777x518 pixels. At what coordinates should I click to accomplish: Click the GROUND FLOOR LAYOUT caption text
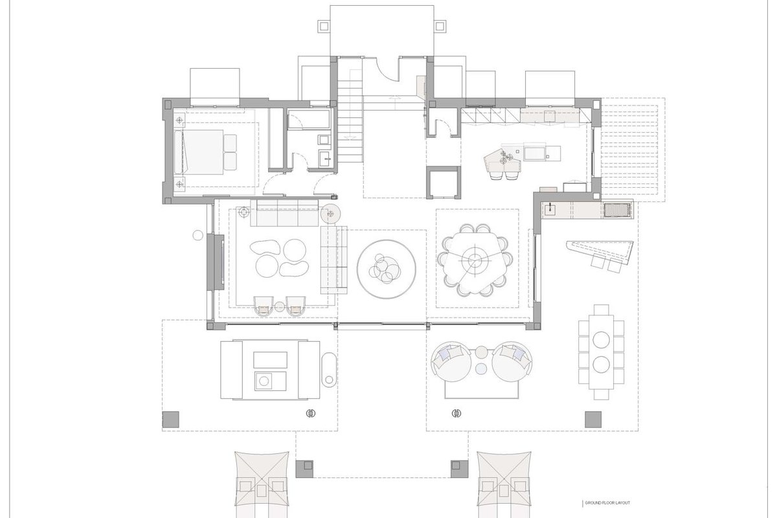pos(607,502)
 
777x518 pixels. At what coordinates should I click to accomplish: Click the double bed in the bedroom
pos(203,152)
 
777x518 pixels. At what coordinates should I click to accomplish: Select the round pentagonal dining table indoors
pos(474,258)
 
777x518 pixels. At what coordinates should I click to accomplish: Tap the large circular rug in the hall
pos(386,269)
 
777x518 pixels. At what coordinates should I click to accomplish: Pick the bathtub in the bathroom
pos(309,119)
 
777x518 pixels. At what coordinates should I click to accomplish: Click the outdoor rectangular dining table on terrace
pos(601,352)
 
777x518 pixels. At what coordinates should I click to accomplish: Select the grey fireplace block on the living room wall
pos(216,262)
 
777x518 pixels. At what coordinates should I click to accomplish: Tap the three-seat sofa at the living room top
pos(284,212)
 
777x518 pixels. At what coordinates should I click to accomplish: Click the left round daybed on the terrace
pos(451,361)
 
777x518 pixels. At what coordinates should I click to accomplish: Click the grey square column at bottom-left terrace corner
pos(171,420)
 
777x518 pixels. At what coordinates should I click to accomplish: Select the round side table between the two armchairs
pos(279,307)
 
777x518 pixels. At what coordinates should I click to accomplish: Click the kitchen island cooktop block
pos(535,152)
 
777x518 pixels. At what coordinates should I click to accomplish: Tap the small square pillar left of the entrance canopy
pos(324,26)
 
